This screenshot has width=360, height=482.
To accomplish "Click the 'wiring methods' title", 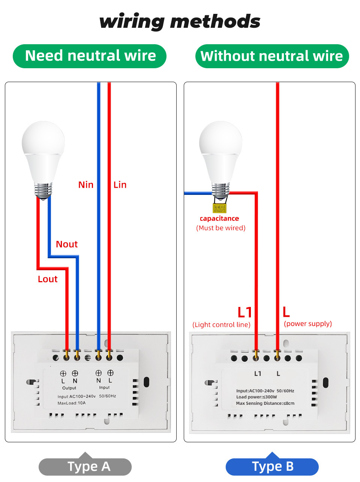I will (x=180, y=21).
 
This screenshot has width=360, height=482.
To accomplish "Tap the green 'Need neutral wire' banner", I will (x=90, y=56).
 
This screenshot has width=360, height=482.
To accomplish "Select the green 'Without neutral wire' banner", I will (x=272, y=56).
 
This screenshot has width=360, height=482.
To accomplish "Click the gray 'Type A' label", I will (x=85, y=467).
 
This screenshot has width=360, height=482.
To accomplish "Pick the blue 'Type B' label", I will (x=272, y=467).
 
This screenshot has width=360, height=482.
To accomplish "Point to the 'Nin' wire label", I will (x=85, y=185).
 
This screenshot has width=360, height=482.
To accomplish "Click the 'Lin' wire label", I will (x=120, y=185).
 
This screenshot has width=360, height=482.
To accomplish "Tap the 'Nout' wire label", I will (x=67, y=244).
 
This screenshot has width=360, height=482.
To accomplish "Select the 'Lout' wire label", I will (x=48, y=279).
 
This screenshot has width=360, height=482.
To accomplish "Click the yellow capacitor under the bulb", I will (x=219, y=208).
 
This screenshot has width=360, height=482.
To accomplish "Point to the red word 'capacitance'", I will (x=219, y=219).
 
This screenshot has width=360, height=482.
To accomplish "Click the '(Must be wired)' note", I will (x=221, y=228).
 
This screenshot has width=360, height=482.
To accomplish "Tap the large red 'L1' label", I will (x=244, y=312).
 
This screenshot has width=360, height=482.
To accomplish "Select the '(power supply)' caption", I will (x=308, y=323).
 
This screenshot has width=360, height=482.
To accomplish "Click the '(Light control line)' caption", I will (x=221, y=325).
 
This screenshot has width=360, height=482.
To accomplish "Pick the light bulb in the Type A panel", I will (x=43, y=157).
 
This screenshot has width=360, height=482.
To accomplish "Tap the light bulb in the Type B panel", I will (x=220, y=157).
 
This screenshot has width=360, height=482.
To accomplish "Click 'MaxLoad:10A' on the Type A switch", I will (x=72, y=403).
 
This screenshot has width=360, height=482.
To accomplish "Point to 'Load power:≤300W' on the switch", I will (x=256, y=397).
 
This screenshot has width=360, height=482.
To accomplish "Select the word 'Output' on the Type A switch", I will (x=69, y=388).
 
